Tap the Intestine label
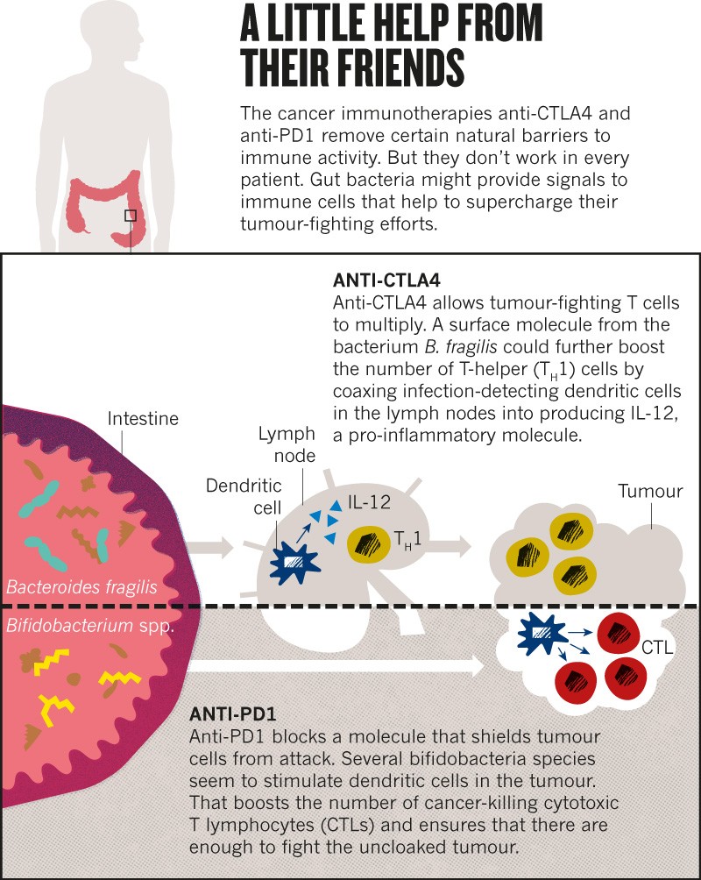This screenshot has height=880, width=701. (143, 419)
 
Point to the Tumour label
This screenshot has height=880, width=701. (649, 491)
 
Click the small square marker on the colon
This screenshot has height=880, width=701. (131, 216)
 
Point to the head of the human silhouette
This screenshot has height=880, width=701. (99, 31)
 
